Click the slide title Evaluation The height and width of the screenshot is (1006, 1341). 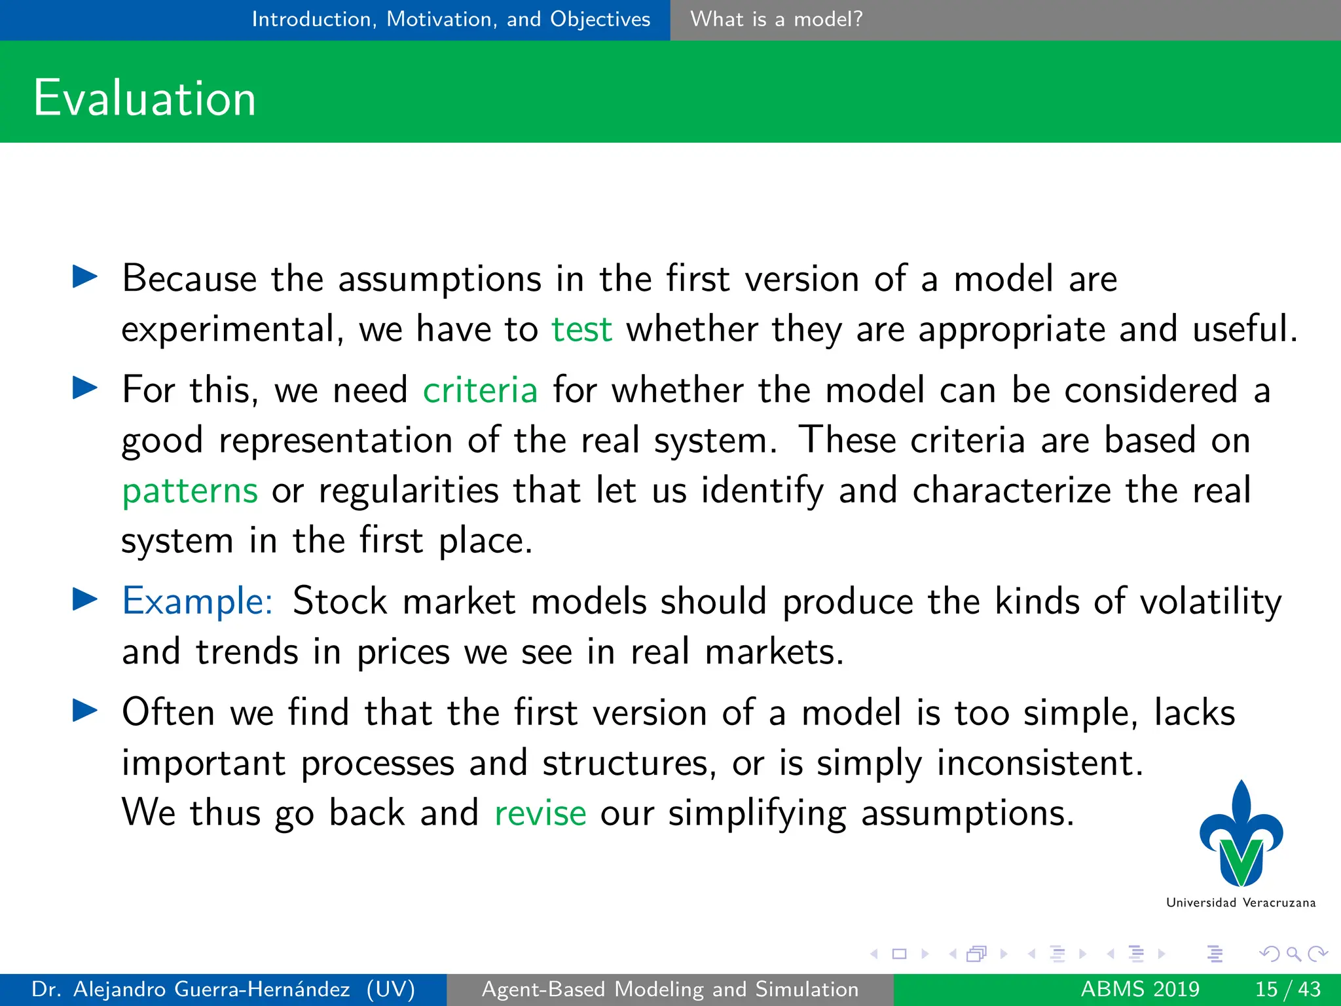click(144, 98)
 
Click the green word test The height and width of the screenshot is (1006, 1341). click(581, 329)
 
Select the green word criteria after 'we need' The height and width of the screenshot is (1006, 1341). click(480, 390)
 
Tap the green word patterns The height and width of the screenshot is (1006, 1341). click(190, 491)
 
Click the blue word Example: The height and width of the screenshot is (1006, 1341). click(197, 601)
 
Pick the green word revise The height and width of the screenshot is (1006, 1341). click(540, 813)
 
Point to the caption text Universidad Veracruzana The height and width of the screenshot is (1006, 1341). click(1241, 903)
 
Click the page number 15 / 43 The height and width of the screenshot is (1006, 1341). click(1287, 989)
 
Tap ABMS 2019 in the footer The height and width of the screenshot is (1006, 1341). click(1140, 989)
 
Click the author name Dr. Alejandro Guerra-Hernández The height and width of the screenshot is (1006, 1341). click(190, 989)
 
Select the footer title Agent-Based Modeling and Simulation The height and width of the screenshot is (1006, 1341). click(670, 989)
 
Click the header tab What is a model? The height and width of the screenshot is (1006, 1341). click(777, 19)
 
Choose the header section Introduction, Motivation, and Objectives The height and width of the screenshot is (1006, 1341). click(451, 19)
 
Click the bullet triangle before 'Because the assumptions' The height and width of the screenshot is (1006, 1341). click(84, 277)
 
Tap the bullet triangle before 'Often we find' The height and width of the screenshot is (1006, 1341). click(84, 711)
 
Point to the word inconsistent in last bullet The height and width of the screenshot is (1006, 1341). click(1040, 763)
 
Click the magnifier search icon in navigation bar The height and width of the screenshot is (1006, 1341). click(1293, 954)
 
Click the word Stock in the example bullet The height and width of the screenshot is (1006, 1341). click(340, 601)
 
